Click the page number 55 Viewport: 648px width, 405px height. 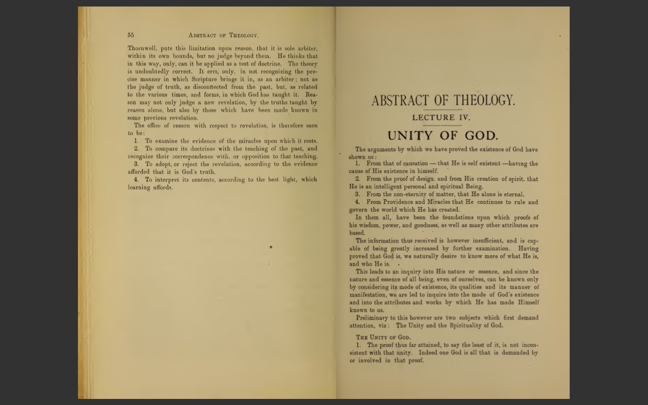tap(131, 35)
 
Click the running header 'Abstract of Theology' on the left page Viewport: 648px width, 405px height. tap(223, 35)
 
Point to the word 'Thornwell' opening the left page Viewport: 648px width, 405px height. tap(141, 49)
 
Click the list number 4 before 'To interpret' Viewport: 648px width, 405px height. tap(136, 180)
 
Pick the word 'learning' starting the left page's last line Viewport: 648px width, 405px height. tap(139, 187)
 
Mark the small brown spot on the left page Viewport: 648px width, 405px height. tap(271, 247)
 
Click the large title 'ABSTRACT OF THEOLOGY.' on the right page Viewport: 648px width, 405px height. tap(443, 101)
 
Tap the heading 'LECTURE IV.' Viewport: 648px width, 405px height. tap(441, 117)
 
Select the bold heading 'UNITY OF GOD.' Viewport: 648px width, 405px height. tap(442, 136)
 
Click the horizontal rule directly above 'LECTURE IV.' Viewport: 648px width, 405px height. tap(442, 110)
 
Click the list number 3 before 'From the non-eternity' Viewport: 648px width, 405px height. tap(357, 194)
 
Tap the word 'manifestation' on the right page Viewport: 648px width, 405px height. tap(369, 295)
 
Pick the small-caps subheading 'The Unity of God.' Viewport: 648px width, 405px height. tap(383, 337)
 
